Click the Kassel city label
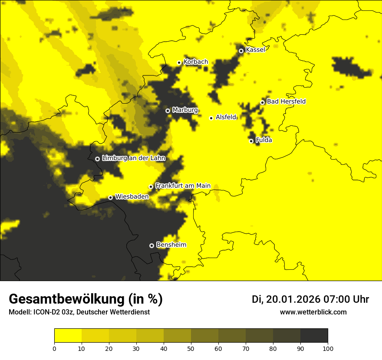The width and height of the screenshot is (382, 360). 255,50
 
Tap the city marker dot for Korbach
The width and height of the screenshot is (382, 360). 179,62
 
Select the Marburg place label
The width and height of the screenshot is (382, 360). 185,110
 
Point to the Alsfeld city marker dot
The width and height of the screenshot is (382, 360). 211,118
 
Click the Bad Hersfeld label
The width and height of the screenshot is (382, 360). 286,101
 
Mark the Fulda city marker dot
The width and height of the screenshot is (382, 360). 251,141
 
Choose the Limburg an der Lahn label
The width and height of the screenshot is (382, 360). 134,158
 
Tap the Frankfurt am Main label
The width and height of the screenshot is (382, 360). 183,186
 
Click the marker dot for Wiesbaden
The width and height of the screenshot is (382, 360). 110,197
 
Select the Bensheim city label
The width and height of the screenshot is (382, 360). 171,245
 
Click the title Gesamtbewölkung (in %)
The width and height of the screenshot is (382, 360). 86,299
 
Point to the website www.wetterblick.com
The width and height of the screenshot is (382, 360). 313,312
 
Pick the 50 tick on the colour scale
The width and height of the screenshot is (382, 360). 191,348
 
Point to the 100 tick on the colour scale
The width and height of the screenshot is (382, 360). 328,348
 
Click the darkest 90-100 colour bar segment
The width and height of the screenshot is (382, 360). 314,336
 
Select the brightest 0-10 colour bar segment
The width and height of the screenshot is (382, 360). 68,336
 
